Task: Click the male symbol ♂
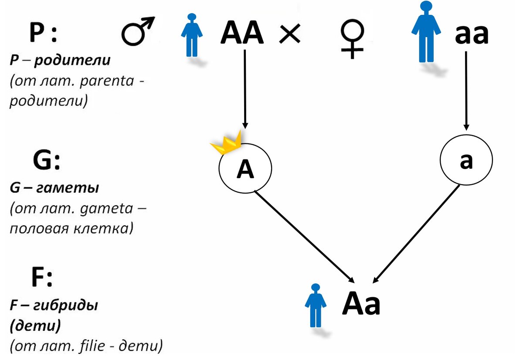coord(137,32)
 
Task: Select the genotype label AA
coord(242,33)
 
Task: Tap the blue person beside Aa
coord(315,305)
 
